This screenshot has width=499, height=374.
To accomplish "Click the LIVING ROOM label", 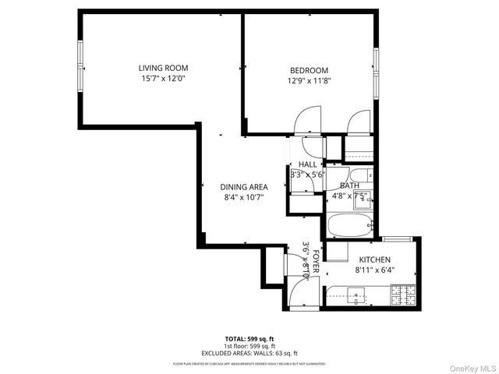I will [x=163, y=68].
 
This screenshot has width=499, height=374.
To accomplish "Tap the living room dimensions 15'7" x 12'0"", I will [x=163, y=79].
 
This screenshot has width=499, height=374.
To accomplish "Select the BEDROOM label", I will [x=309, y=70].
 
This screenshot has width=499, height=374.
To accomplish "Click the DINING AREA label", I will [x=245, y=187].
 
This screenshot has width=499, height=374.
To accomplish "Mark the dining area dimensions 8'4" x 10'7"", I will [x=245, y=198].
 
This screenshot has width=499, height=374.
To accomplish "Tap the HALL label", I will [x=307, y=164].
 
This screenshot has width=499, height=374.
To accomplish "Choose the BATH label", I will [x=349, y=185].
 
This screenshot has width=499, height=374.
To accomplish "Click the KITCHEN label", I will [x=374, y=260].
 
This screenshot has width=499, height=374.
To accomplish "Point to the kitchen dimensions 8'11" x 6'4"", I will [x=374, y=271].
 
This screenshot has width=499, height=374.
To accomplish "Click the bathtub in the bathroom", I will [x=352, y=225].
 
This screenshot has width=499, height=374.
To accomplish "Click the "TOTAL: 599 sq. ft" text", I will [x=249, y=339].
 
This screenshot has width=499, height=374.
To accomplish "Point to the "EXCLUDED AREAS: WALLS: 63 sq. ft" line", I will [x=249, y=352].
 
